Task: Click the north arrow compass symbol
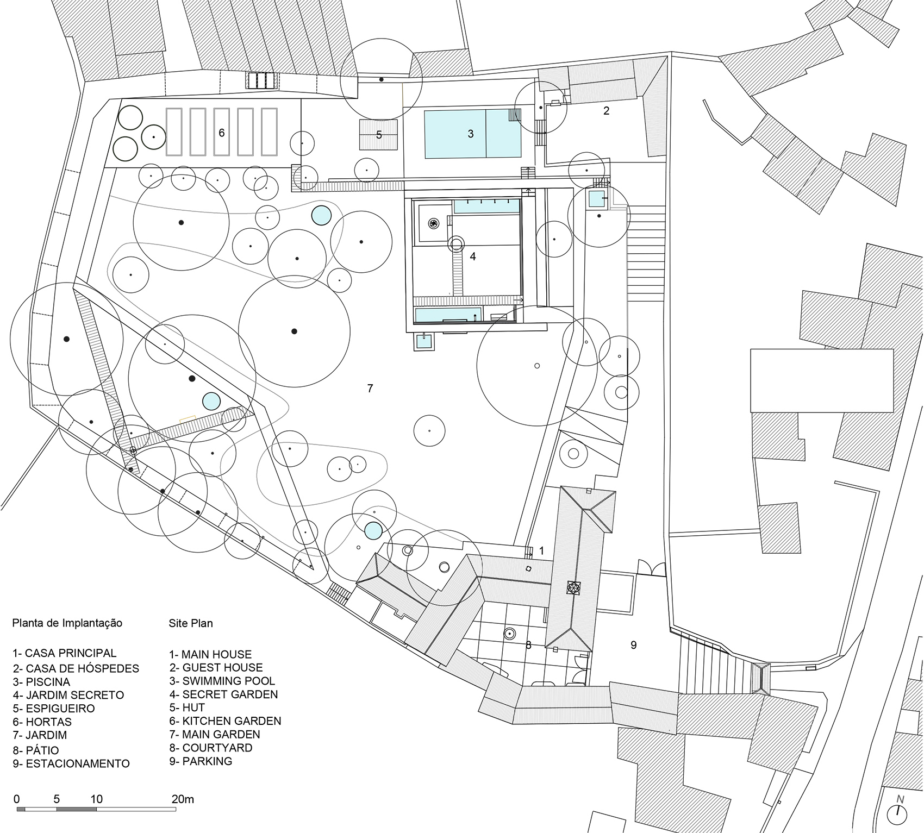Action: coord(898,812)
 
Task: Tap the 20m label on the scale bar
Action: coord(183,799)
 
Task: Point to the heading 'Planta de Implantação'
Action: coord(67,623)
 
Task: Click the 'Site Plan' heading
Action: coord(190,623)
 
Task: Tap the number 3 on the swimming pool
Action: coord(471,134)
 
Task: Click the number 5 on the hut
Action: coord(379,135)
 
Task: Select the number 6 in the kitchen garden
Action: coord(222,133)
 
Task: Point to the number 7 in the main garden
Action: coord(370,388)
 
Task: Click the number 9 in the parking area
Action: coord(633,645)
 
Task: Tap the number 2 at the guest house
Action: coord(607,111)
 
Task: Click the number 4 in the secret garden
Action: coord(473,256)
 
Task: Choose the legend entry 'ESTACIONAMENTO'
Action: coord(71,763)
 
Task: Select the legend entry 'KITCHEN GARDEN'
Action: coord(225,721)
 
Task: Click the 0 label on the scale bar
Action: coord(17,799)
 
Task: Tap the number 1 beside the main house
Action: coord(541,551)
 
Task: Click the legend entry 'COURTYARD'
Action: coord(211,748)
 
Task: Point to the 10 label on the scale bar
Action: coord(96,799)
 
